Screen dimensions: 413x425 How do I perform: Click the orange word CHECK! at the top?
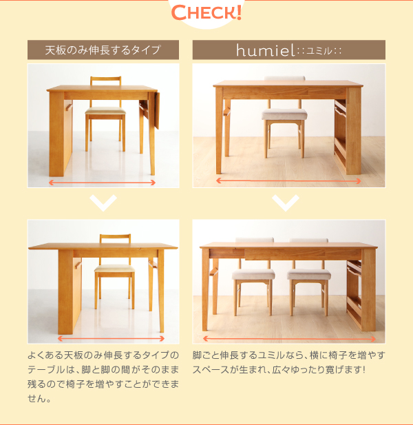tap(206, 12)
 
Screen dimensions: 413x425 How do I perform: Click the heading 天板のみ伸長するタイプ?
tap(103, 50)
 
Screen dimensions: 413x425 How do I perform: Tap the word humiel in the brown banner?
tap(265, 50)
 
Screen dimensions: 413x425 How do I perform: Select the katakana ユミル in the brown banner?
tap(319, 51)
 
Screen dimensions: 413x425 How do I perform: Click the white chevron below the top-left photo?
tap(103, 203)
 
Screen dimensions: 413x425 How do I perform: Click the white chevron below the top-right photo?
tap(286, 203)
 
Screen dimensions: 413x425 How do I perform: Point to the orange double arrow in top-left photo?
tap(102, 183)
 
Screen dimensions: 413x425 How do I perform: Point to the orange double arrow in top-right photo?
tap(288, 180)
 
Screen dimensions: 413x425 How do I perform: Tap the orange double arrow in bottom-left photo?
tap(112, 338)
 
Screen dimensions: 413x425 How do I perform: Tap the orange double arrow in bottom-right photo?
tap(289, 339)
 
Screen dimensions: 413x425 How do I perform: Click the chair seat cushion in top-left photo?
tap(105, 111)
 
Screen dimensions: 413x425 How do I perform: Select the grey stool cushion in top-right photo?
tap(284, 114)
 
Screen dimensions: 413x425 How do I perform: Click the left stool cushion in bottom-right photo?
tap(253, 274)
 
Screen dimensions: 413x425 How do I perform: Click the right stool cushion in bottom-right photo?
tap(309, 274)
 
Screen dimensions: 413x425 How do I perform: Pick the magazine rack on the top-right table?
tap(341, 134)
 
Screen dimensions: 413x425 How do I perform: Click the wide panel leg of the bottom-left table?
tap(65, 292)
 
